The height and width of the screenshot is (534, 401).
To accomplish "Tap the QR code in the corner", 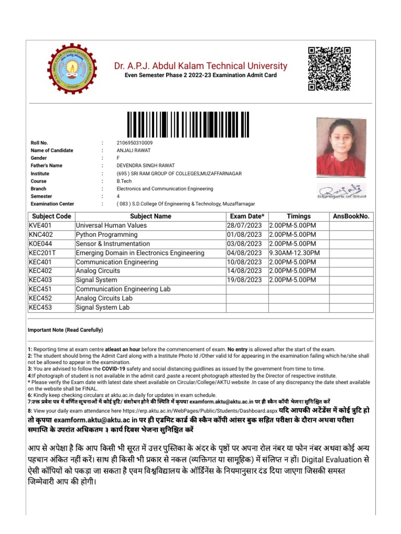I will (329, 68).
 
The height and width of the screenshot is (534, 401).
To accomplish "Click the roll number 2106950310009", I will (135, 143).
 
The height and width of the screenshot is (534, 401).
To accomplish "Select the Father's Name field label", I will (46, 166).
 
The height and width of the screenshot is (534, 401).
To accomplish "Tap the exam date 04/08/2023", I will (244, 253).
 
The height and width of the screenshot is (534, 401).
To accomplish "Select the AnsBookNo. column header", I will (351, 216).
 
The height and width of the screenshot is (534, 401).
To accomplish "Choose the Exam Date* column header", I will (247, 216).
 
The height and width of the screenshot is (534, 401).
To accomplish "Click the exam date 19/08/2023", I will (244, 280).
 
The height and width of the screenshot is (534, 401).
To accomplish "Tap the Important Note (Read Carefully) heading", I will (65, 330).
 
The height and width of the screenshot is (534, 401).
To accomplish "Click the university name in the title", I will (200, 66).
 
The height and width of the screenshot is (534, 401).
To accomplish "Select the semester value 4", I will (118, 196).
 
